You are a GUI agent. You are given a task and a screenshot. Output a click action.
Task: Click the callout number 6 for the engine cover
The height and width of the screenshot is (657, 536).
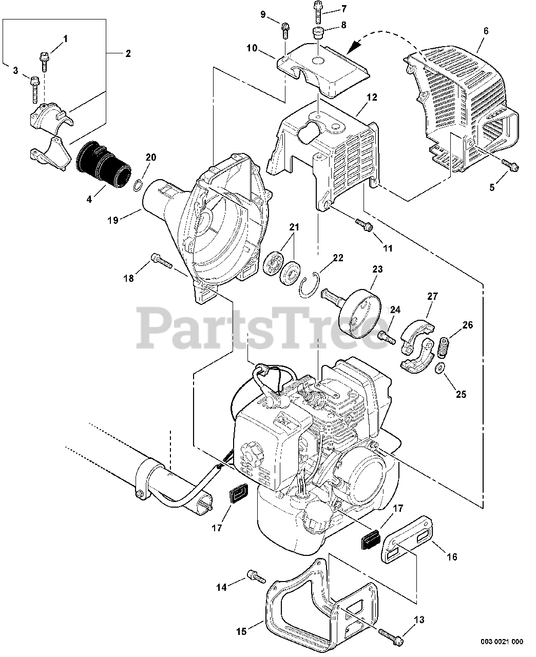(x=486, y=31)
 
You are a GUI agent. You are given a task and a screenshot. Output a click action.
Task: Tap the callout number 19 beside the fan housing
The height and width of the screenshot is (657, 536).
(x=113, y=220)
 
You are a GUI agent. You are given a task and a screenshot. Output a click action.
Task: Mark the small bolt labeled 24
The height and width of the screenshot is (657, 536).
(x=385, y=336)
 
